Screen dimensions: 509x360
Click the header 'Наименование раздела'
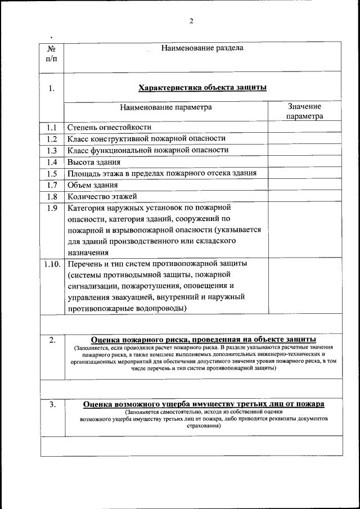point(202,48)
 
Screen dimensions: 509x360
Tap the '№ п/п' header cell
point(51,54)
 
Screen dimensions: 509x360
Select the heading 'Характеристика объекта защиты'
point(202,88)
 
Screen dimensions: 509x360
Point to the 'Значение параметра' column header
point(304,111)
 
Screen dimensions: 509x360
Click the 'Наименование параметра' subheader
point(166,107)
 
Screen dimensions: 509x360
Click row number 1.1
point(52,127)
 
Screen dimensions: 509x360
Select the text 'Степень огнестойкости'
point(109,127)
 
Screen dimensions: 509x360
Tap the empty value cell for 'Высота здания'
point(304,162)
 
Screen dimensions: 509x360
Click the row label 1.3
point(52,150)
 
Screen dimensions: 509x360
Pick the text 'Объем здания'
point(93,185)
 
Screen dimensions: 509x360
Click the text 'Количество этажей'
point(102,196)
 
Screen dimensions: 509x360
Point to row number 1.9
point(52,208)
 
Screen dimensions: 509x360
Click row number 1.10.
point(52,263)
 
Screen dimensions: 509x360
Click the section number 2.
point(52,340)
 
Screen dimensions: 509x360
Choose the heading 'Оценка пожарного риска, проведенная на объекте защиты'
point(203,340)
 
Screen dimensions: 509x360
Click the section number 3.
point(52,404)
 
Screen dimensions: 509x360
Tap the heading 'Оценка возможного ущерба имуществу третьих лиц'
point(203,404)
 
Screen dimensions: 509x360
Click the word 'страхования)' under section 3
point(203,426)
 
